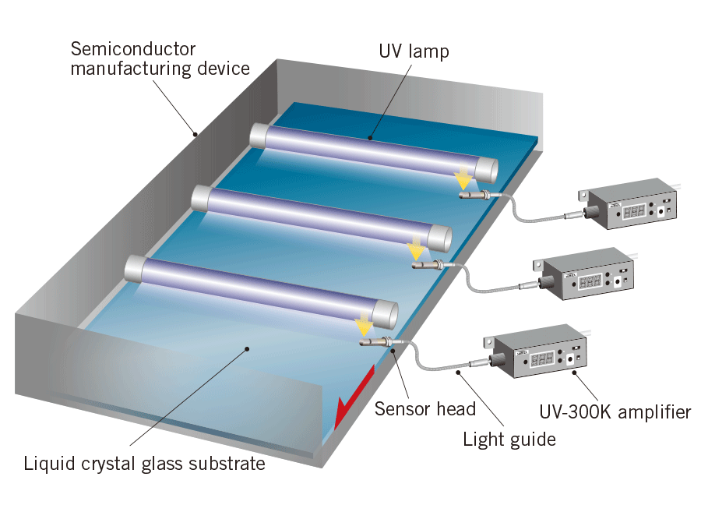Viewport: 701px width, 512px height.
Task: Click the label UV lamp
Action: tap(414, 52)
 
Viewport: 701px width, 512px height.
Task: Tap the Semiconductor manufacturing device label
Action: tap(160, 58)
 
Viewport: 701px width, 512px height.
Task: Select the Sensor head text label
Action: tap(424, 408)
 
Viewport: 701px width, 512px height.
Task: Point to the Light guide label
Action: tap(509, 439)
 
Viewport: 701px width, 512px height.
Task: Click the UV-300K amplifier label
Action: tap(615, 411)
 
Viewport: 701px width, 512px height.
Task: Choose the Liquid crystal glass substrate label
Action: tap(144, 464)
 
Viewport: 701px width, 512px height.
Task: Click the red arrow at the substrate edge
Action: tap(352, 397)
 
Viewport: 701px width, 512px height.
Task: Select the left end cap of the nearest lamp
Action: tap(134, 269)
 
